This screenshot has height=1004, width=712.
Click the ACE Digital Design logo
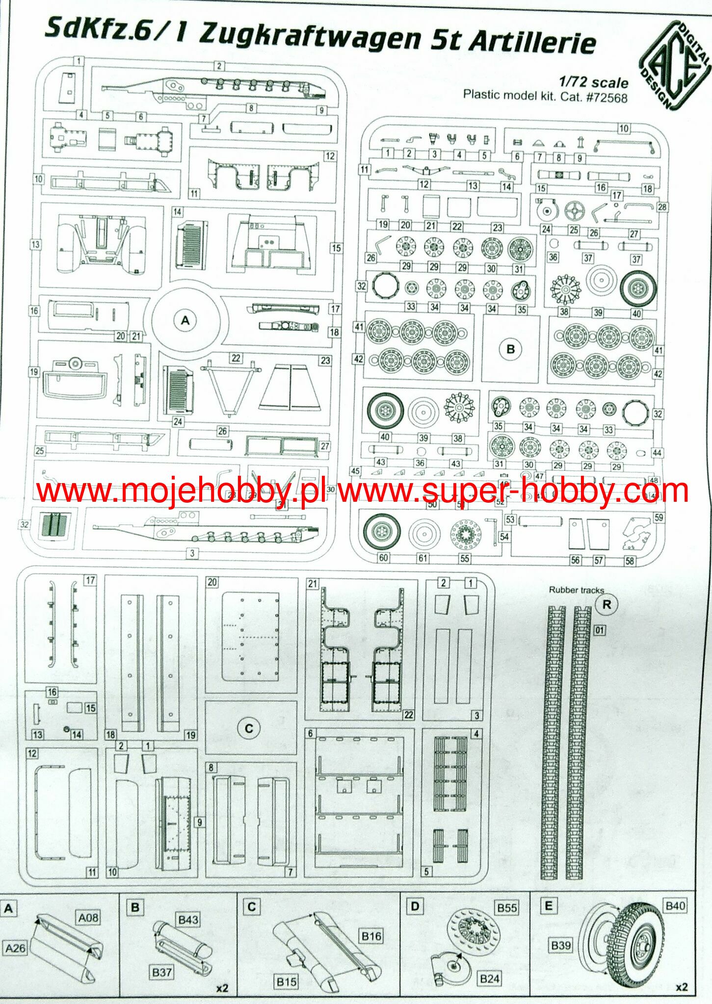(x=675, y=65)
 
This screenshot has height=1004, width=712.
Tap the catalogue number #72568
(x=607, y=97)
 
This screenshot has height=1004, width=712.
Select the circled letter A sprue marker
(x=185, y=320)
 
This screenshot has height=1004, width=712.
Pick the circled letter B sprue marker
(x=510, y=349)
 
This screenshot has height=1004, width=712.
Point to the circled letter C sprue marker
(x=249, y=728)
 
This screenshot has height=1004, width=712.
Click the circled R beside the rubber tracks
(x=607, y=605)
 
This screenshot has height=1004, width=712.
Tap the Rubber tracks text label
(x=576, y=590)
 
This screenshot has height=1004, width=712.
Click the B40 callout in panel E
(x=675, y=905)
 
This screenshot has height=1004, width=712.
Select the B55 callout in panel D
(x=507, y=908)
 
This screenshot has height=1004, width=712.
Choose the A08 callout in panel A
(x=88, y=917)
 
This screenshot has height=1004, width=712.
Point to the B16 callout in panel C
(x=371, y=936)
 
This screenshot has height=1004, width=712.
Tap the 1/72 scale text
(x=593, y=82)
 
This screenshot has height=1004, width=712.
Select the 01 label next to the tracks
(x=600, y=629)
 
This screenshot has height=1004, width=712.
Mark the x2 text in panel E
(x=682, y=987)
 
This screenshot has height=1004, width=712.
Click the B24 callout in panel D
(x=489, y=979)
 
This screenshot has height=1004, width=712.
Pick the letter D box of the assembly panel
(x=415, y=906)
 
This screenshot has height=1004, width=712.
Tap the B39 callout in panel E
(x=560, y=945)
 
